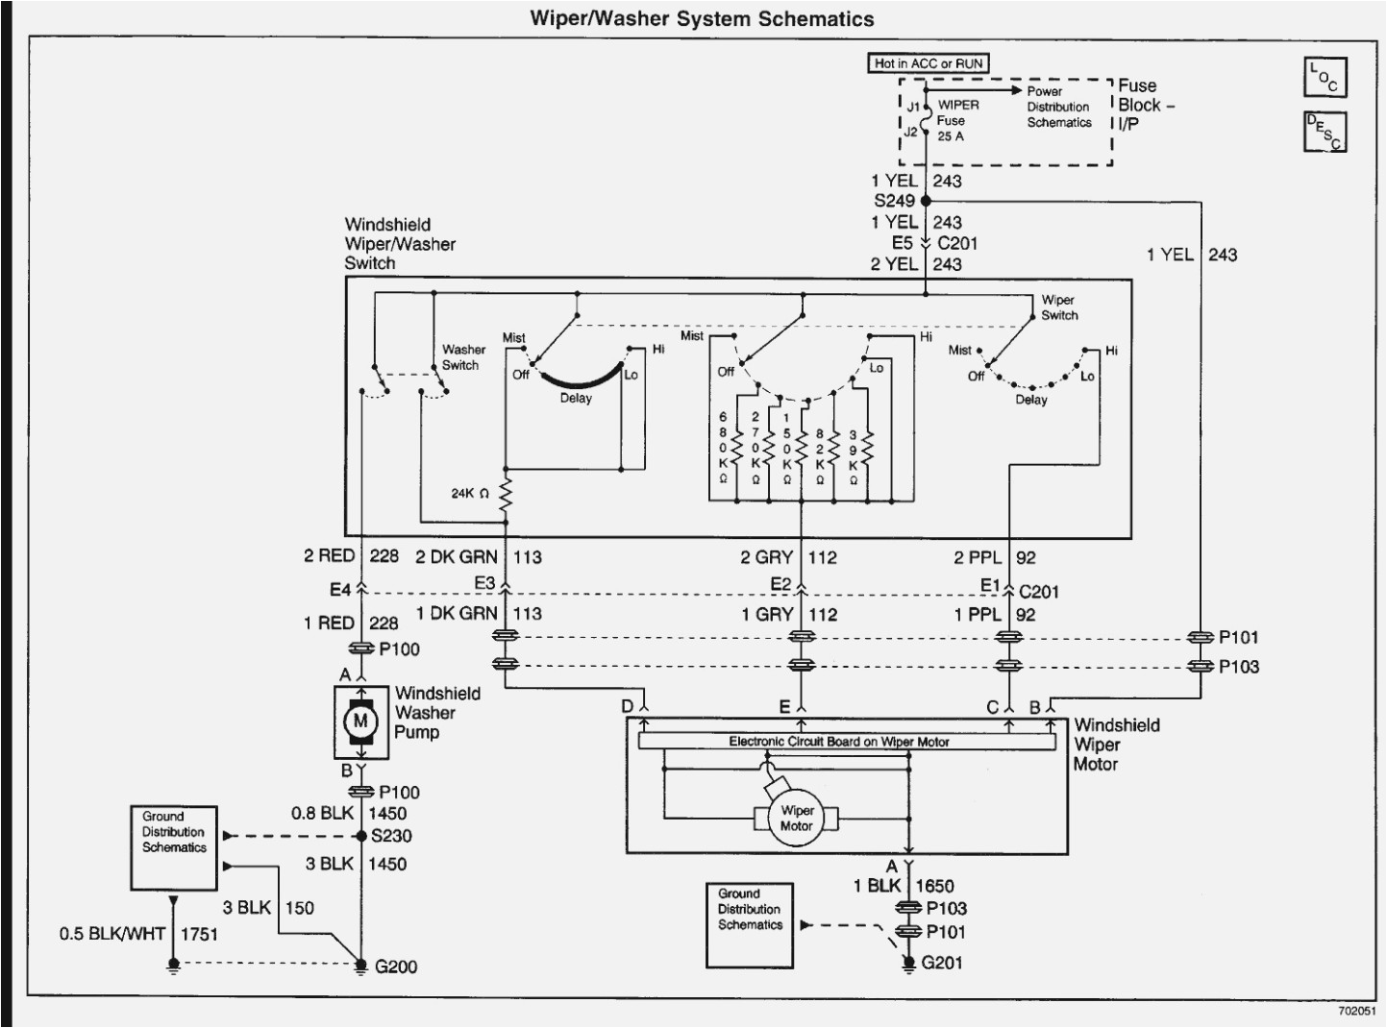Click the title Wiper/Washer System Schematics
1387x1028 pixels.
[702, 18]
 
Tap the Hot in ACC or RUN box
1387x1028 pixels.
[928, 63]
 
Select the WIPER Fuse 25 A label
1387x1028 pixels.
[956, 120]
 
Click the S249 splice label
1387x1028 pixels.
[893, 201]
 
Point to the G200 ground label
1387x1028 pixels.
[395, 967]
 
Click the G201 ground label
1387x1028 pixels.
[941, 963]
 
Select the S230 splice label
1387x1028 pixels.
[391, 836]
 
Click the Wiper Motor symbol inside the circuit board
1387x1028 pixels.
[796, 819]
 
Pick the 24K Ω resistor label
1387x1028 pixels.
[471, 494]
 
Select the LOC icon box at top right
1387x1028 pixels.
[1325, 77]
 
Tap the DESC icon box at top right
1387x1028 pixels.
[1325, 132]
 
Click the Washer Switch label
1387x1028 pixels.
[463, 357]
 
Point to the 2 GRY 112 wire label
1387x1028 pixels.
[787, 557]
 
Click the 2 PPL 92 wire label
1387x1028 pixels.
[995, 557]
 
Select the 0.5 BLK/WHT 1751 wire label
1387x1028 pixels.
[138, 934]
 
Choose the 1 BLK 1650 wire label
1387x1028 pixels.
[904, 886]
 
